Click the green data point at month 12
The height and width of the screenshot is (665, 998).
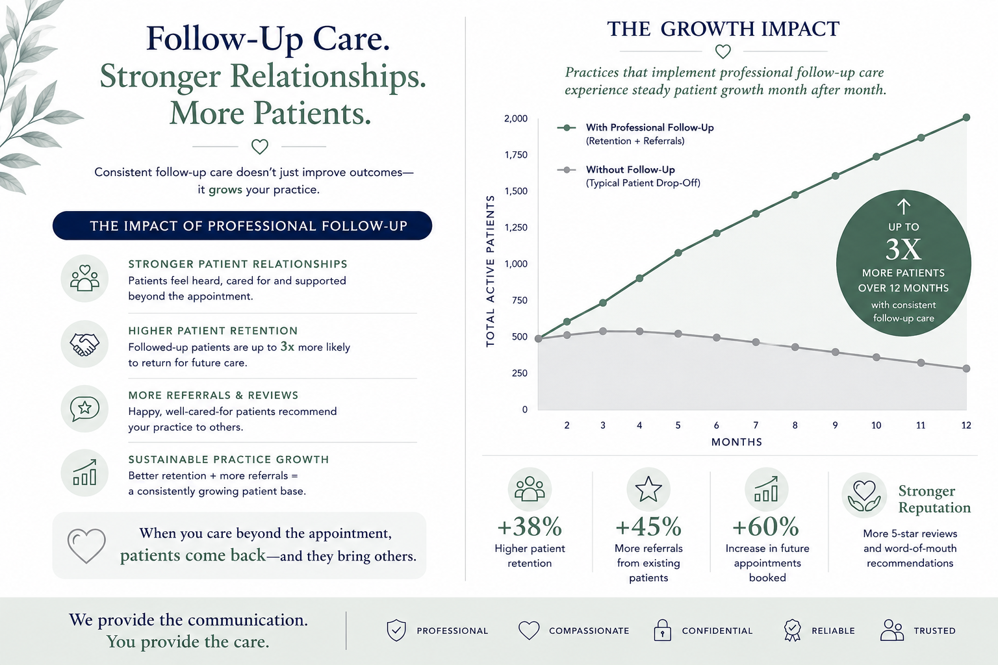(966, 118)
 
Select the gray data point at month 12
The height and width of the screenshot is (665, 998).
(966, 368)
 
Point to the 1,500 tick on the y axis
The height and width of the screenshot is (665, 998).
(515, 191)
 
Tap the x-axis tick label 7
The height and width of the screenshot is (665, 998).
(756, 425)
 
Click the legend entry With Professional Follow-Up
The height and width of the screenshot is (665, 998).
(635, 134)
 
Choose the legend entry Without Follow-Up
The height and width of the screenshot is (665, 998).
(629, 176)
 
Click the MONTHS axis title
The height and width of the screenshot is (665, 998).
(736, 442)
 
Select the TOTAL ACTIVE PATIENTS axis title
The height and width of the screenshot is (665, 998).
(490, 271)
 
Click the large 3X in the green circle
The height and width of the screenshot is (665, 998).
(903, 249)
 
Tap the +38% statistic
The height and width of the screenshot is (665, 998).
(530, 527)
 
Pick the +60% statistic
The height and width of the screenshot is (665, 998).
(765, 527)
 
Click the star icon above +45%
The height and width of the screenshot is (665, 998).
(648, 489)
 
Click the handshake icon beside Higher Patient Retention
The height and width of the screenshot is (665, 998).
(84, 344)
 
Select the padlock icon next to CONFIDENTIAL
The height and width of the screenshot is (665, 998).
(662, 631)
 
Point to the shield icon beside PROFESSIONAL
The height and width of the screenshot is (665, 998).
(396, 631)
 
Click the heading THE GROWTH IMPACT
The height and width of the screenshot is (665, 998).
(723, 29)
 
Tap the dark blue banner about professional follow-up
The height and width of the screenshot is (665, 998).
(242, 225)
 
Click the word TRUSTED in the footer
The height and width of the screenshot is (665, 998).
(935, 631)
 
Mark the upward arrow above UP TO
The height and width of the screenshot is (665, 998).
(904, 207)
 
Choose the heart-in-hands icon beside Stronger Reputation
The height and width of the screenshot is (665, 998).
(864, 496)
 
